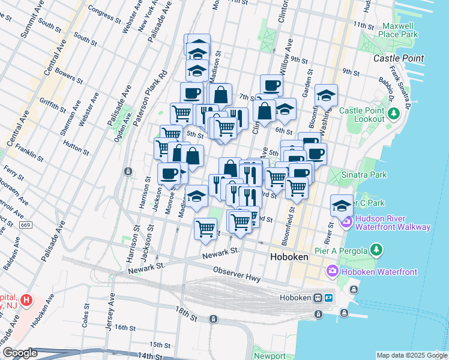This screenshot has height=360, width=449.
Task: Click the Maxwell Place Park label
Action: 397,30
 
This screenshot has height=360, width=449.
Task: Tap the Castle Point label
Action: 399,58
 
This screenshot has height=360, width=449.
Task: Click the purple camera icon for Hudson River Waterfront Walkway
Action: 346,223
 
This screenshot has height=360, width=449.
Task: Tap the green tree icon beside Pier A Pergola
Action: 376,248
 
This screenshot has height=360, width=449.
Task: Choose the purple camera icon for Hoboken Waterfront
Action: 333,272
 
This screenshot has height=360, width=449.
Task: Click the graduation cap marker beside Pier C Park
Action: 342,205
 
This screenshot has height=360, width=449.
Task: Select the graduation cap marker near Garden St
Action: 326,95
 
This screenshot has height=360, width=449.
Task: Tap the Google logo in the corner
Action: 20,353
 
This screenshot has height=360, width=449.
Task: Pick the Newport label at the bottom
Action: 270,355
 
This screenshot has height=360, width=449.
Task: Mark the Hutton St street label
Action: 75,144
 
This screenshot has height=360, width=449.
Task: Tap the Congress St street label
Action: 100,10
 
